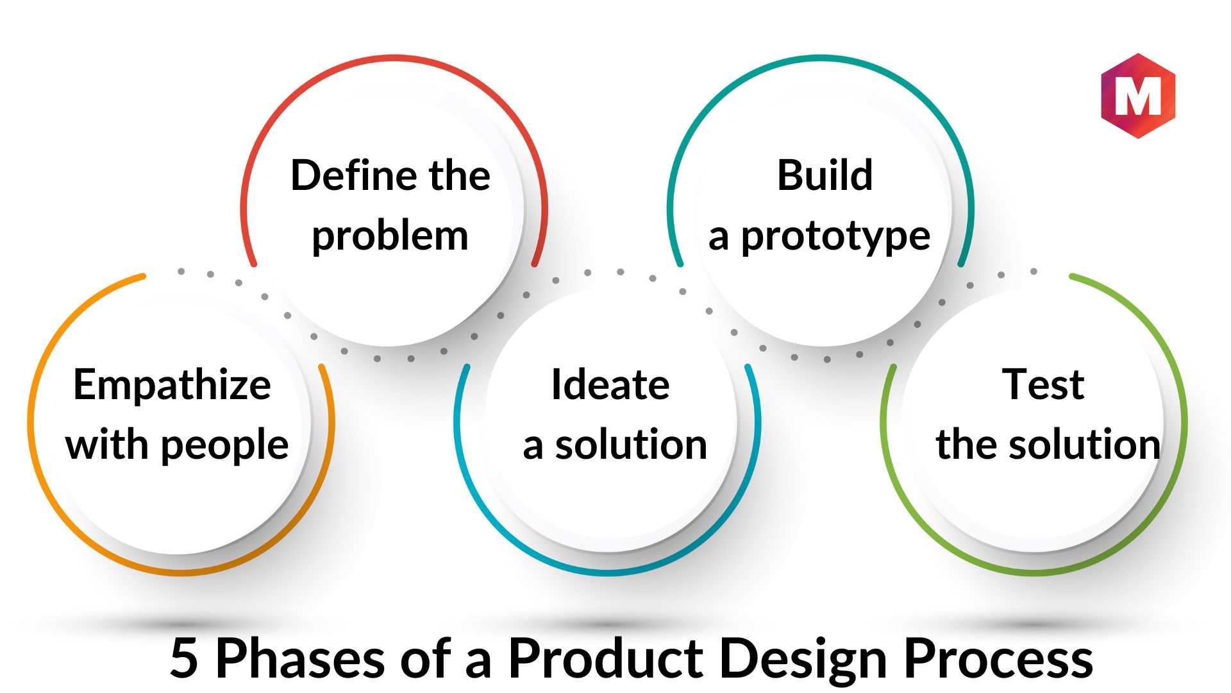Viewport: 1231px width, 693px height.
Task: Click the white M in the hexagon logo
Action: (x=1138, y=96)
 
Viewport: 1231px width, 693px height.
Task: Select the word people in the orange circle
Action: (x=225, y=446)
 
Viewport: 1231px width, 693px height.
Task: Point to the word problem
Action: (x=390, y=237)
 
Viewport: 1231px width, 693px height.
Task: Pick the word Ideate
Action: (x=610, y=385)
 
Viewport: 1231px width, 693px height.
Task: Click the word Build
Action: (x=825, y=175)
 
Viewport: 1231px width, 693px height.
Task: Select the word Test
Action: (x=1043, y=385)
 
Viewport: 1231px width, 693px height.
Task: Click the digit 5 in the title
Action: (x=184, y=658)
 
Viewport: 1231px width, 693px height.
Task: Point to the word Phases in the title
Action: (x=300, y=658)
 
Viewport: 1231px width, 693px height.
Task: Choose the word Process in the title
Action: (x=999, y=658)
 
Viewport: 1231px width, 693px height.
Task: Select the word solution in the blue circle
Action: (x=631, y=445)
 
